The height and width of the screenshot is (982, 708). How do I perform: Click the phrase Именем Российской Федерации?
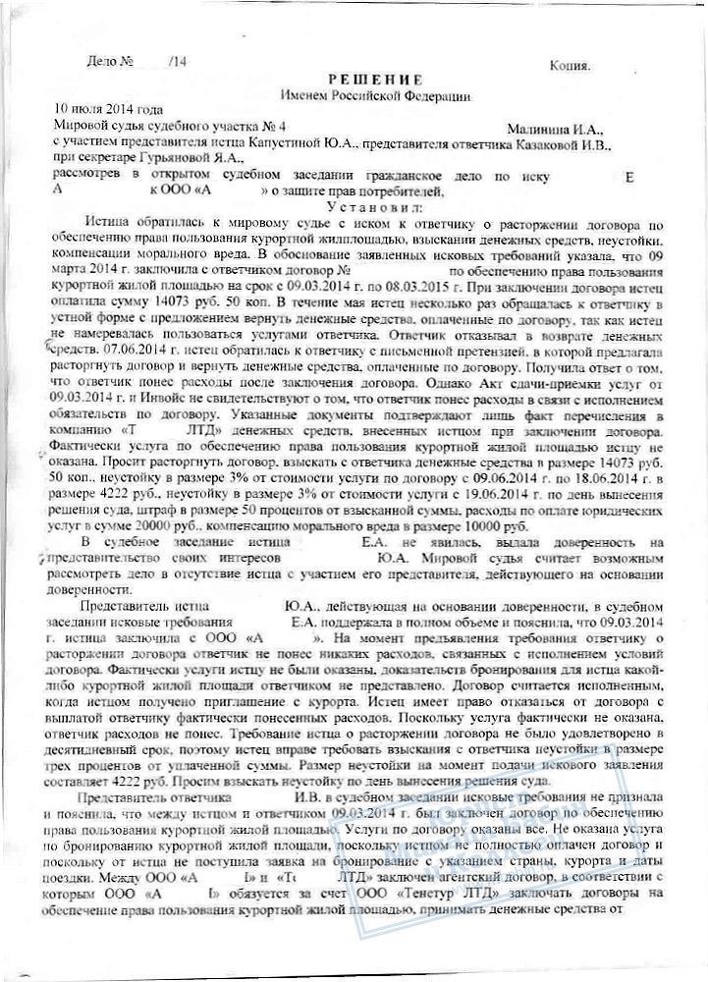tap(376, 95)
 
